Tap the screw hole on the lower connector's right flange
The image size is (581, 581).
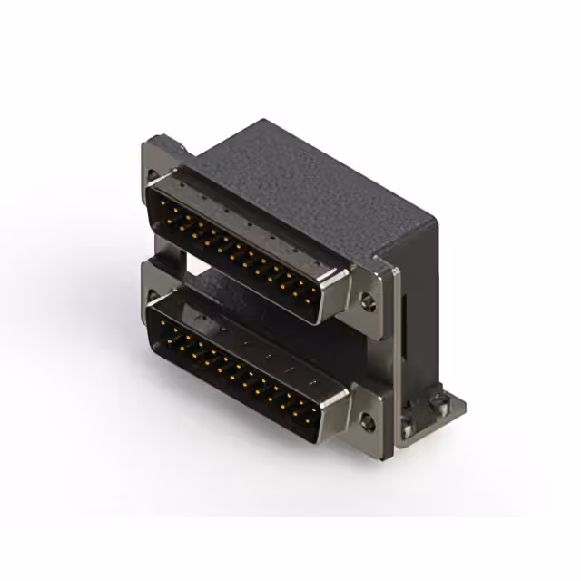pyautogui.click(x=368, y=419)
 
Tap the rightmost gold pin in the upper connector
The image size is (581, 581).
pyautogui.click(x=313, y=296)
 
